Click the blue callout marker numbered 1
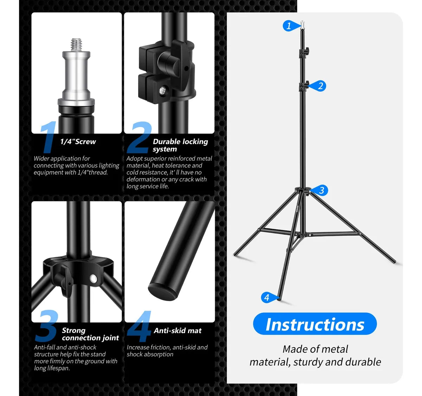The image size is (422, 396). click(289, 26)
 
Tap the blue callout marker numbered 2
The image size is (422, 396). click(320, 86)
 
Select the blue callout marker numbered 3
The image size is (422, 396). click(321, 190)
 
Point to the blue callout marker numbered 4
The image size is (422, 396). click(267, 298)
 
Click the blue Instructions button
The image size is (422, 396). click(315, 324)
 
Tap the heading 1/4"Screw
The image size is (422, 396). click(78, 142)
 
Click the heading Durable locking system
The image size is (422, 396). click(180, 145)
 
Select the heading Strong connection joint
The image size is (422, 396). click(90, 334)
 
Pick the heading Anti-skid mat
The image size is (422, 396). click(178, 331)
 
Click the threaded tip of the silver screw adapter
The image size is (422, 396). click(76, 44)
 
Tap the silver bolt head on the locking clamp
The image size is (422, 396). click(163, 91)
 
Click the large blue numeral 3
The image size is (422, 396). click(46, 326)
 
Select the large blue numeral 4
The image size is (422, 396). click(140, 326)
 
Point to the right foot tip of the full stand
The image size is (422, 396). click(394, 261)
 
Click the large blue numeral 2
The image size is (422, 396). click(140, 138)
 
